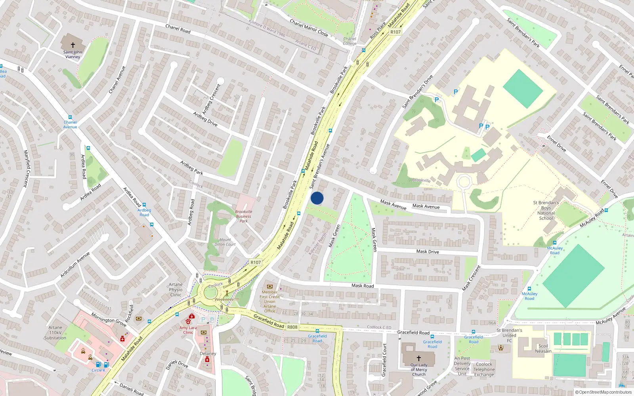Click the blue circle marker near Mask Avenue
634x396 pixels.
click(317, 198)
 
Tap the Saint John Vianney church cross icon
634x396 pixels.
click(73, 45)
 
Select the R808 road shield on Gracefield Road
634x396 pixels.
click(292, 327)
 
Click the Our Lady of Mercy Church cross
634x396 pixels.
click(419, 358)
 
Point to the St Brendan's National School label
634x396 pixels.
click(546, 210)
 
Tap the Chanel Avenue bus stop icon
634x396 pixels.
click(70, 118)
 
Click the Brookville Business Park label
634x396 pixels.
click(244, 216)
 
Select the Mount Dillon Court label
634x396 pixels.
click(225, 242)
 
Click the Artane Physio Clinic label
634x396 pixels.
click(176, 289)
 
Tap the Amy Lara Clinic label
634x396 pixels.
click(188, 330)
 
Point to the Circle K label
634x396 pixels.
click(98, 370)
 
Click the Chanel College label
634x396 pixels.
click(349, 41)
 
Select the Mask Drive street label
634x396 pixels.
click(428, 251)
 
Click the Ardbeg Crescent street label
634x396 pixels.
click(211, 99)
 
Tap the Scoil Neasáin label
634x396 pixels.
click(543, 348)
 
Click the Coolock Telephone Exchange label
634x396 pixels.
click(484, 369)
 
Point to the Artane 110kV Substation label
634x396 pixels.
click(55, 333)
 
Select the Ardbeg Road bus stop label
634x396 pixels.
click(144, 212)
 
